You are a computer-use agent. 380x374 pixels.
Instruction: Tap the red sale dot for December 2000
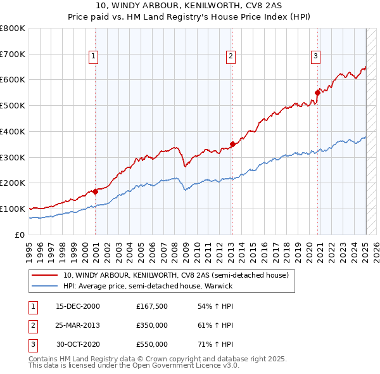click(x=95, y=191)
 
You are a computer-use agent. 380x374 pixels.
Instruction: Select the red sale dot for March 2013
click(x=232, y=144)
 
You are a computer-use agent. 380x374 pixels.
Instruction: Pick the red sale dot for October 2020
click(x=318, y=93)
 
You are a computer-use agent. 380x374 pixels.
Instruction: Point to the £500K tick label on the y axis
click(x=13, y=105)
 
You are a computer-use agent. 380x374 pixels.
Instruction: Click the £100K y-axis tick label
click(x=13, y=209)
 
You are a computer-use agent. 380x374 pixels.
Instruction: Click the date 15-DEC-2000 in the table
click(x=78, y=306)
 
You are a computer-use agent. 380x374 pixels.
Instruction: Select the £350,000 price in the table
click(x=152, y=325)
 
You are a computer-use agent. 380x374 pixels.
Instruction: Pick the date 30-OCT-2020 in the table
click(x=78, y=344)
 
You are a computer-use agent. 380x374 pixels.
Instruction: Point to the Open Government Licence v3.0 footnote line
click(x=134, y=366)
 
